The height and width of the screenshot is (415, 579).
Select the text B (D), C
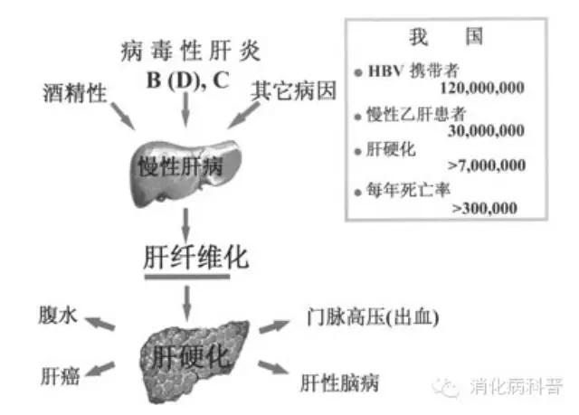(x=188, y=78)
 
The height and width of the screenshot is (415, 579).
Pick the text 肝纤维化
(x=195, y=257)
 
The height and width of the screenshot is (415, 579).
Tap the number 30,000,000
(x=486, y=130)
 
